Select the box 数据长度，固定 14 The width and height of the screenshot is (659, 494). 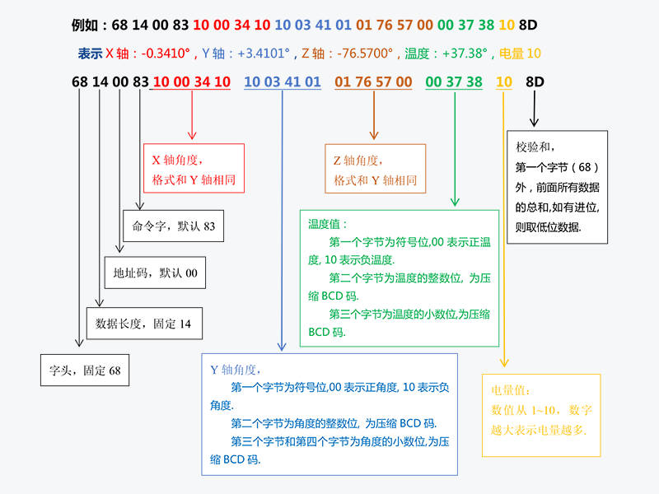coord(143,324)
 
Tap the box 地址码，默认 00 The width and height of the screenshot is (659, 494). coord(155,273)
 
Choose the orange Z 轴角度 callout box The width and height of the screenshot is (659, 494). coord(375,168)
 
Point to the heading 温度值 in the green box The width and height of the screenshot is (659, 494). coord(328,223)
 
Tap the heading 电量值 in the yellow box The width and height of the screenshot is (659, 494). coord(511,391)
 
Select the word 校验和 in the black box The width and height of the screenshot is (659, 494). coord(533,147)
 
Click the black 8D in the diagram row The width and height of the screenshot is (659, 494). coord(535,82)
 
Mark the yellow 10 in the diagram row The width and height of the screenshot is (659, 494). coord(504,82)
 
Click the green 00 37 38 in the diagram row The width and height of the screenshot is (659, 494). coord(453,82)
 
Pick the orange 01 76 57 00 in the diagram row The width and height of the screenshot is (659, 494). coord(373,82)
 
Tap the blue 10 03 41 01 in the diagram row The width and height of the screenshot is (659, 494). coord(283,82)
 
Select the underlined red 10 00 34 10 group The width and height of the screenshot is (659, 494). coord(191,82)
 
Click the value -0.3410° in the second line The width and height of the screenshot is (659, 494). coord(166,54)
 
